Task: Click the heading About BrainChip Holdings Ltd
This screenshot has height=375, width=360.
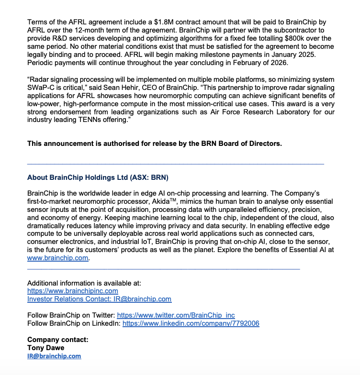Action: click(x=98, y=177)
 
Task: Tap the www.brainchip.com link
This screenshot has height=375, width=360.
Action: click(x=58, y=258)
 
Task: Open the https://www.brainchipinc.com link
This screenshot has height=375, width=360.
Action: click(x=73, y=291)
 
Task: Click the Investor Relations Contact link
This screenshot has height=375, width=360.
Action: click(x=99, y=299)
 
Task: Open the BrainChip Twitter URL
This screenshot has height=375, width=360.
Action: click(x=176, y=315)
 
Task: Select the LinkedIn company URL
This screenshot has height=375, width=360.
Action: click(x=191, y=323)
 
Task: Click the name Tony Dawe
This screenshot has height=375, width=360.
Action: click(x=45, y=348)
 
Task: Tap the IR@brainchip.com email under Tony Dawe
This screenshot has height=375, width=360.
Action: click(x=54, y=356)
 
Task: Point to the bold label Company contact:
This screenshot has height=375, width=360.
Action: click(x=58, y=340)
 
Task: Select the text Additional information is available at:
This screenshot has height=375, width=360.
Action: click(x=84, y=283)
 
